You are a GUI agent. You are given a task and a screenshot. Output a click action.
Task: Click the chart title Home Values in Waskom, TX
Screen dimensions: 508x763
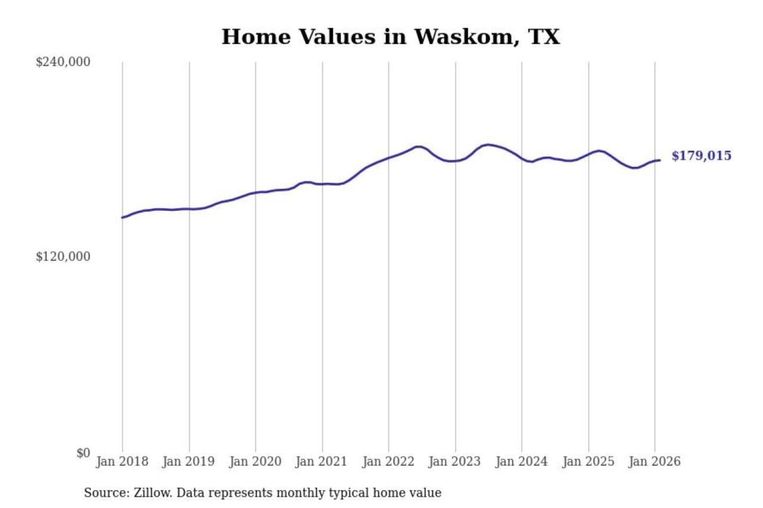391,37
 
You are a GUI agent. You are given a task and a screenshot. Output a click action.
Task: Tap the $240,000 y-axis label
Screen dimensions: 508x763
63,62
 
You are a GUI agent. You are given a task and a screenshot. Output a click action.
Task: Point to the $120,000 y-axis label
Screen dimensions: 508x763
63,257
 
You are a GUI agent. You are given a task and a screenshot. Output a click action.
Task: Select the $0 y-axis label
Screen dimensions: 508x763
83,453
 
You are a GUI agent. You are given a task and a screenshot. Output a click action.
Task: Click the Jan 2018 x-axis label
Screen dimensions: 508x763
122,461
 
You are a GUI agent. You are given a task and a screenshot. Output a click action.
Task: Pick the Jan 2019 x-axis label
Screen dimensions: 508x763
189,461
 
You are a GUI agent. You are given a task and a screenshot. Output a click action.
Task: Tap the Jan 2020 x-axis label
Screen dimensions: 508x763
255,461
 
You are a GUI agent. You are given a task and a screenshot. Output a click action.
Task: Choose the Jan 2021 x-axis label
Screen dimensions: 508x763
321,461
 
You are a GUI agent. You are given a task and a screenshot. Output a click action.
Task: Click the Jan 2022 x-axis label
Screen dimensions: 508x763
388,461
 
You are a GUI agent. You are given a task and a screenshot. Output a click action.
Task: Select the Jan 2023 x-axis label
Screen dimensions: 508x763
454,461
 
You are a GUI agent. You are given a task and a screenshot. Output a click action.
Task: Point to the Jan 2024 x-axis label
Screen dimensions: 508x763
521,461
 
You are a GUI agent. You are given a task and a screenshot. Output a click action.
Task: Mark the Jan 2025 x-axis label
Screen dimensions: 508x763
588,461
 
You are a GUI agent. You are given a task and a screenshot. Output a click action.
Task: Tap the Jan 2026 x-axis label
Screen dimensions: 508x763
654,461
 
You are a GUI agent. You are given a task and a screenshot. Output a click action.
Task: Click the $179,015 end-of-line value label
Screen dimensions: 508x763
701,156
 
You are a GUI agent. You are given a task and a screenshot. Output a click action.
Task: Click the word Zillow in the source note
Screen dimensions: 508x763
152,493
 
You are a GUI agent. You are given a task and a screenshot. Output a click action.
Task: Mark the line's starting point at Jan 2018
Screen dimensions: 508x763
122,217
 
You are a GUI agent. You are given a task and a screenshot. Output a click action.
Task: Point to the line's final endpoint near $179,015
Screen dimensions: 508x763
660,160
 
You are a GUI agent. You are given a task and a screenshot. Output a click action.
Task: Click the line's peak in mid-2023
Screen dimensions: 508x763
487,144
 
